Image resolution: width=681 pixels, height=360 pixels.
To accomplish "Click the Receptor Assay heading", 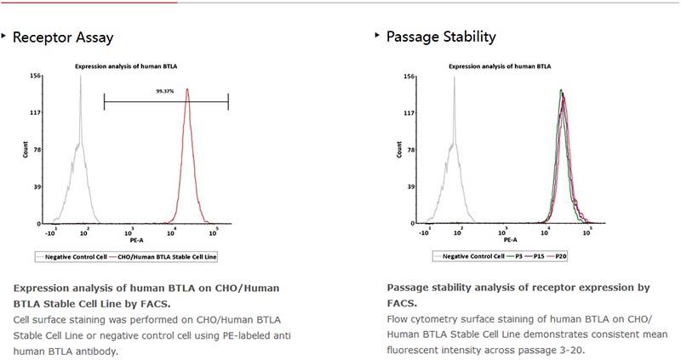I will click(62, 37).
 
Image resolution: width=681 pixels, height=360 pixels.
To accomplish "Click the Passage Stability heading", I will click(441, 37).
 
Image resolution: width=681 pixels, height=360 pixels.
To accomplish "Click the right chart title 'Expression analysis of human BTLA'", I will click(500, 66).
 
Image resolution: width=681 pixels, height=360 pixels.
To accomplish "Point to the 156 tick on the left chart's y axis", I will click(37, 76).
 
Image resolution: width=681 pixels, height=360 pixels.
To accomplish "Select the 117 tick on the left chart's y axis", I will click(37, 112).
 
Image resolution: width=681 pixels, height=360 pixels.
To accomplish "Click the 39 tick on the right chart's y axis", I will click(410, 187).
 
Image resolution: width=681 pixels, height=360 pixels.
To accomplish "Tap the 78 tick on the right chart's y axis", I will click(410, 150).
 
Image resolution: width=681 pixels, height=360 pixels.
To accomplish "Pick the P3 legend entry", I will click(517, 254).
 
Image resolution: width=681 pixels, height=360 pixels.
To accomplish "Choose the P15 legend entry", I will click(539, 254).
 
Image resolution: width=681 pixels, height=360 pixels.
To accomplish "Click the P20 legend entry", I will click(563, 254).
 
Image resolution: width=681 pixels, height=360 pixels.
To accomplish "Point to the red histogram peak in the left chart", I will click(186, 89).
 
